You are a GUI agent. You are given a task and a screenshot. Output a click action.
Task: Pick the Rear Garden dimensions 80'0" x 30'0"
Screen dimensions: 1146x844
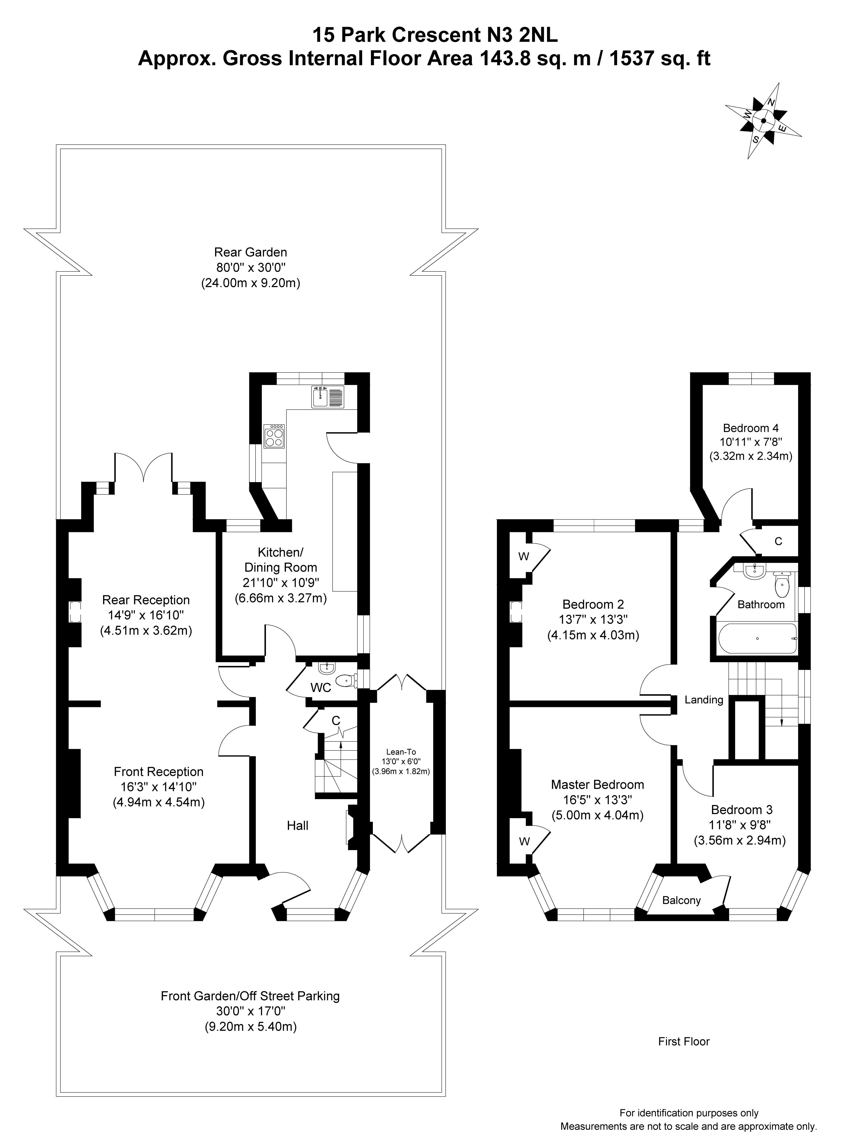point(250,267)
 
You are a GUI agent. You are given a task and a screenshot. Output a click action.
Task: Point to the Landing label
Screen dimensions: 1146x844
point(704,700)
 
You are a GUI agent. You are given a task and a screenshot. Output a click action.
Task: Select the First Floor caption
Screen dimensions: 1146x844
point(684,1041)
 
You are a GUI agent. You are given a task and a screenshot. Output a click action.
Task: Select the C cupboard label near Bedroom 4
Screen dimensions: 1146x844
point(778,541)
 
